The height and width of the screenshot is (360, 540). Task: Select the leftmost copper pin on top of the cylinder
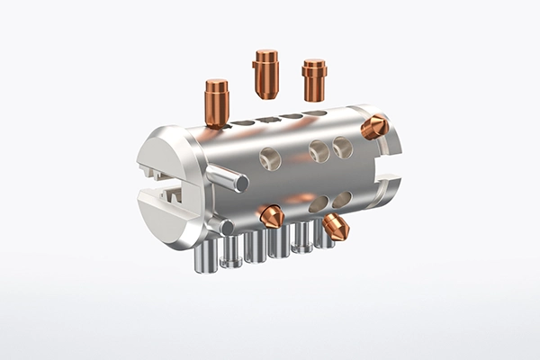pyautogui.click(x=217, y=103)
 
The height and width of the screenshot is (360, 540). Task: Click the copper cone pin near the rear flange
pyautogui.click(x=374, y=128)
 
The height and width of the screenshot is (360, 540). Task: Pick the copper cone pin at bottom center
pyautogui.click(x=271, y=216)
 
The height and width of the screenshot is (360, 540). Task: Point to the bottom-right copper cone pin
pyautogui.click(x=337, y=228)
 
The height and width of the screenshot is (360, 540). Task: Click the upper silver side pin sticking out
pyautogui.click(x=229, y=178)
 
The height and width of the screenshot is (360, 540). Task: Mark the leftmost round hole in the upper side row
pyautogui.click(x=271, y=159)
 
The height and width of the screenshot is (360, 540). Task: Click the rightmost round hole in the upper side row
pyautogui.click(x=342, y=147)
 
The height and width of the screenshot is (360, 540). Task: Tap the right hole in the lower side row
pyautogui.click(x=342, y=199)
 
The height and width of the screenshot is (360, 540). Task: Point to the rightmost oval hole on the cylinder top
pyautogui.click(x=314, y=113)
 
